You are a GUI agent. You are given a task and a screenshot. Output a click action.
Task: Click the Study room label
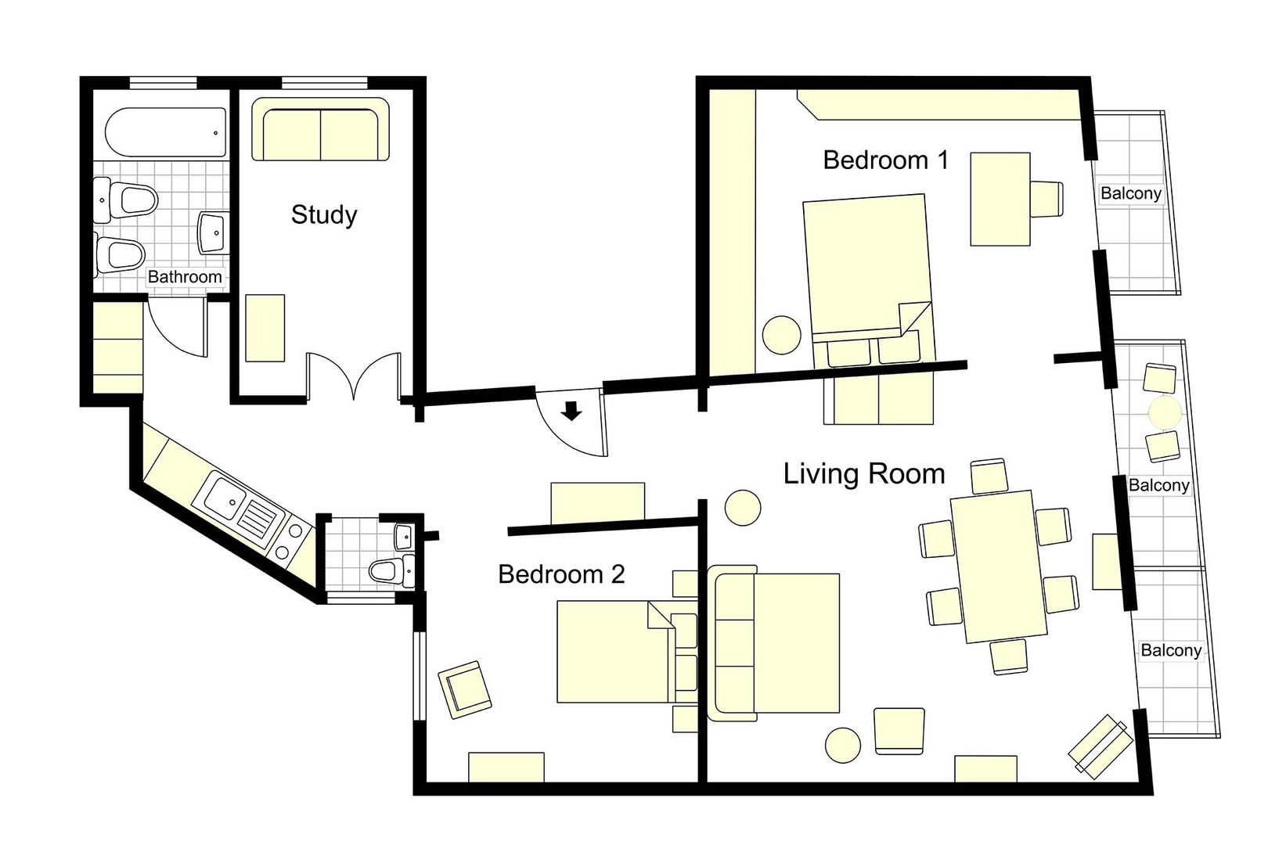coord(324,214)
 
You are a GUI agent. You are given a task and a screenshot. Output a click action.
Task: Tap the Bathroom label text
coord(185,277)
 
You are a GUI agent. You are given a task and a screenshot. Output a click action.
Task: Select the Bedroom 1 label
coord(885,160)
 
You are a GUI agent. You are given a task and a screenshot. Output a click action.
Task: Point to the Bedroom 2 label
coord(561,574)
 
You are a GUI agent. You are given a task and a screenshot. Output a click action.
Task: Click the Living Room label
coord(864,474)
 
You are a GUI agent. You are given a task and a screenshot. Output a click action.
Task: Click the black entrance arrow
coord(572,411)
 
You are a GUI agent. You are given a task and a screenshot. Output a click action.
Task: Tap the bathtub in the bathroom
coord(166,132)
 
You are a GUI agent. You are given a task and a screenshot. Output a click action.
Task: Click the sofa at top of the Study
coord(320,131)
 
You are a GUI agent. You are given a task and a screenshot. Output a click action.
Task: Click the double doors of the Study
coord(354,376)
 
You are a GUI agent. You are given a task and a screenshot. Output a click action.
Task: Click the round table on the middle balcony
coord(1165,412)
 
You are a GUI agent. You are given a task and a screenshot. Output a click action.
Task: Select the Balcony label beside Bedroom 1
coord(1130,193)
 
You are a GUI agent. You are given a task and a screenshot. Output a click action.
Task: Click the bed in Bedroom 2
coord(614,652)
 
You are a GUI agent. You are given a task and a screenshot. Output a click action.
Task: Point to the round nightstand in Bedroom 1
coord(781,335)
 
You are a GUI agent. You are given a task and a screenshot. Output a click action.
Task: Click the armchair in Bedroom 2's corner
coord(465,689)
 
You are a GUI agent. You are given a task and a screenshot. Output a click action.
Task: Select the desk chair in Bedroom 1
coord(1046,199)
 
